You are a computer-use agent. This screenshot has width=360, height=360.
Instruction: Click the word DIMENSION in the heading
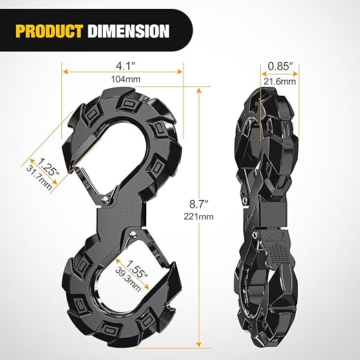click(x=129, y=30)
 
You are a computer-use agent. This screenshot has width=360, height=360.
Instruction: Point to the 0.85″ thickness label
click(x=280, y=67)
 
